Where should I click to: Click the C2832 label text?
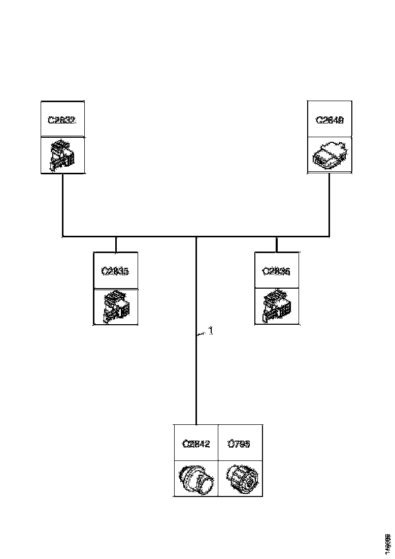tap(62, 120)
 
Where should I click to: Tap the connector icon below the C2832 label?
tap(62, 156)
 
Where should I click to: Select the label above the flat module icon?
tap(330, 120)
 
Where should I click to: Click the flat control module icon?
tap(330, 154)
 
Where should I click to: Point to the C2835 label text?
tap(115, 271)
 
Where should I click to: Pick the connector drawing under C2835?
tap(115, 307)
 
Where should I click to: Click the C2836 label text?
tap(276, 271)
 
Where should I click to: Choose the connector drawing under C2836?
tap(276, 307)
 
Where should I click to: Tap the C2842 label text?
tap(196, 444)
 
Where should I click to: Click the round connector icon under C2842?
tap(196, 478)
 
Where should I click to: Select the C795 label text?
tap(239, 444)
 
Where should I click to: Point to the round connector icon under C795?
tap(241, 478)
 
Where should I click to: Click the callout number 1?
tap(211, 331)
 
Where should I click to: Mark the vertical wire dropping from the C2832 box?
tap(62, 203)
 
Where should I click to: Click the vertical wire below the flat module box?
tap(330, 203)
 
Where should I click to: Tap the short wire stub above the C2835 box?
tap(116, 244)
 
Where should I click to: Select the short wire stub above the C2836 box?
tap(276, 244)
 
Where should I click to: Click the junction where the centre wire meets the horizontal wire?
tap(196, 237)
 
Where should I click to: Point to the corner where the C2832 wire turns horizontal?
tap(62, 236)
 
